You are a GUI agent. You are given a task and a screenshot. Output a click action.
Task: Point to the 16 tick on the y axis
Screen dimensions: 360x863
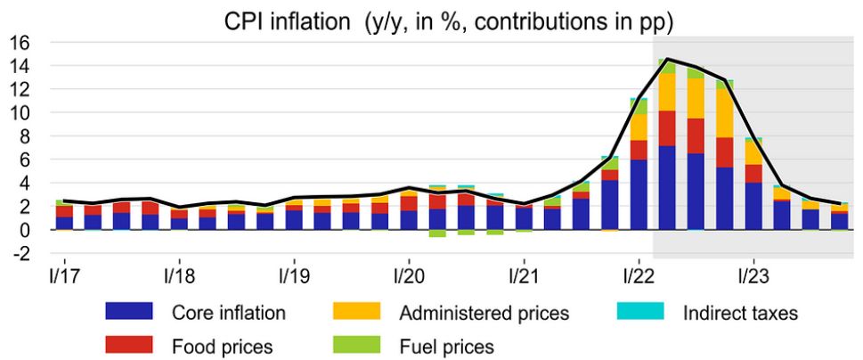(x=20, y=43)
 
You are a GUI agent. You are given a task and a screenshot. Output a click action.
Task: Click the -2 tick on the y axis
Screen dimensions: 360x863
(x=20, y=253)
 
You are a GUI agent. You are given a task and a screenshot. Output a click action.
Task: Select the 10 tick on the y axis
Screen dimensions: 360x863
(x=20, y=113)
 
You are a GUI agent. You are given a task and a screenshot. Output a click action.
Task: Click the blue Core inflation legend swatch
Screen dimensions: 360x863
(x=130, y=312)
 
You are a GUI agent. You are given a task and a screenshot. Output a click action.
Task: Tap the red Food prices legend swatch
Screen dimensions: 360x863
(x=130, y=343)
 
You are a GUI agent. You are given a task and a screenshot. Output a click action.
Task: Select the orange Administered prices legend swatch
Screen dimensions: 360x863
(x=358, y=312)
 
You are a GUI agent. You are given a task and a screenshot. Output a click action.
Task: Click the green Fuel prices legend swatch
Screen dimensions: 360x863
(x=358, y=343)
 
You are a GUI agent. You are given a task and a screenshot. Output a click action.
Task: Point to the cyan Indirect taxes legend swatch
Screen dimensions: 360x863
(x=639, y=312)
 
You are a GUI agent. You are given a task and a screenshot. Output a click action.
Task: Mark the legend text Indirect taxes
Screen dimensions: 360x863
(x=740, y=313)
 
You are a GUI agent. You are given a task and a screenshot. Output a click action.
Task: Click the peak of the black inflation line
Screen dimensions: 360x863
(x=667, y=60)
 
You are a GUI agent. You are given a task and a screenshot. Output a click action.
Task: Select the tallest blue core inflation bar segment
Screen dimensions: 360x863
(x=667, y=188)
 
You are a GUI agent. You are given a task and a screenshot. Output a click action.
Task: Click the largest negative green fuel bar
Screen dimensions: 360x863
(x=436, y=233)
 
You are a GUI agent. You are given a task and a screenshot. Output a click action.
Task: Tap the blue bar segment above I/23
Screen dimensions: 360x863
(x=753, y=206)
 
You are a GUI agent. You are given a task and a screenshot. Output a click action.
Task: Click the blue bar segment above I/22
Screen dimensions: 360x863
(x=638, y=195)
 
